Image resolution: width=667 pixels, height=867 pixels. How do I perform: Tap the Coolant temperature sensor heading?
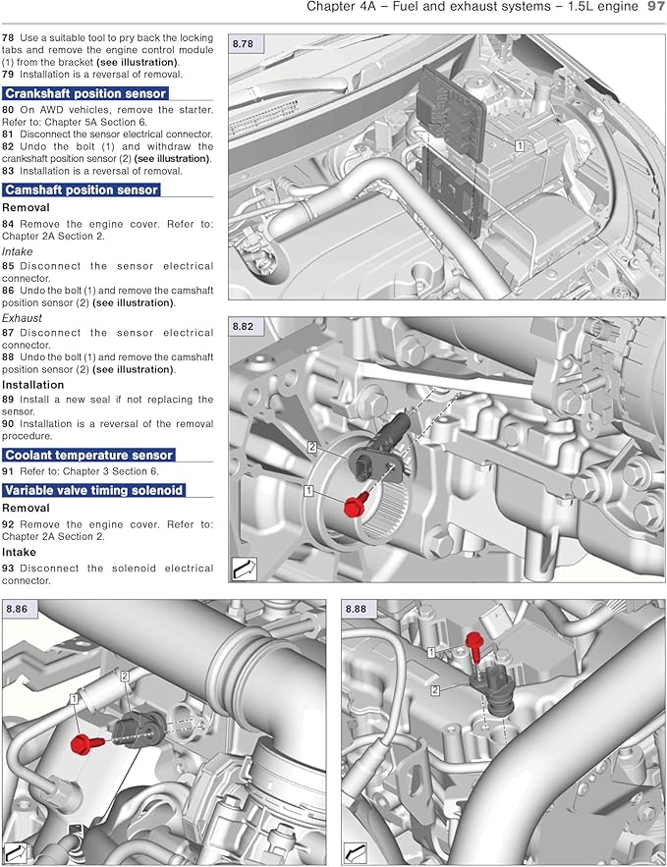88,455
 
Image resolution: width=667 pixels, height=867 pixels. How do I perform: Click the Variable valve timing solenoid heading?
93,490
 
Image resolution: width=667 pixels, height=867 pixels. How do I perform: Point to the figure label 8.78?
243,44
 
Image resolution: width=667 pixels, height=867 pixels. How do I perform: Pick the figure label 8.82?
243,326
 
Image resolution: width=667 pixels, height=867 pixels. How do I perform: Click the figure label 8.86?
17,610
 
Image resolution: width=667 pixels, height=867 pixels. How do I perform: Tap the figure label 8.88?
355,610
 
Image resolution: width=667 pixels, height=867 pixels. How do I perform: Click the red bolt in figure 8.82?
354,506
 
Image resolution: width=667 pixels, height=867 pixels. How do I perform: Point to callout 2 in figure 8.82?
311,448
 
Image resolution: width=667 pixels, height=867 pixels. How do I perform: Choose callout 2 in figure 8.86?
126,677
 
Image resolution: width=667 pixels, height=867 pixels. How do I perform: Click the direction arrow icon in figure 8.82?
244,568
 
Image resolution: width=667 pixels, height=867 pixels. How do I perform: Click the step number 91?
9,471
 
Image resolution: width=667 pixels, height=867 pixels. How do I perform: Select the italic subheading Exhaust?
22,319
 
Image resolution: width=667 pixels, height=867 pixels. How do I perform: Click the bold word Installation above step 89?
33,385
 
